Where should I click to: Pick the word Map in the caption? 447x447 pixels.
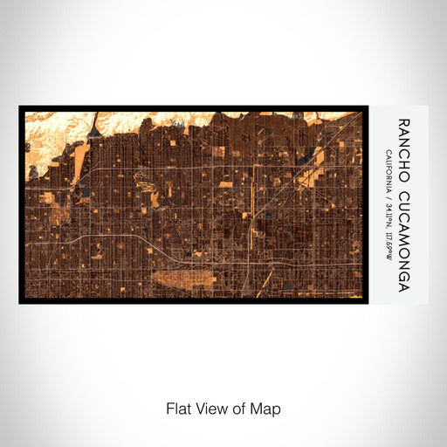[269, 408]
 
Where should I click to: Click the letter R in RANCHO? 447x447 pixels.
[402, 123]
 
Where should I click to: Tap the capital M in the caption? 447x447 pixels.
[261, 408]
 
